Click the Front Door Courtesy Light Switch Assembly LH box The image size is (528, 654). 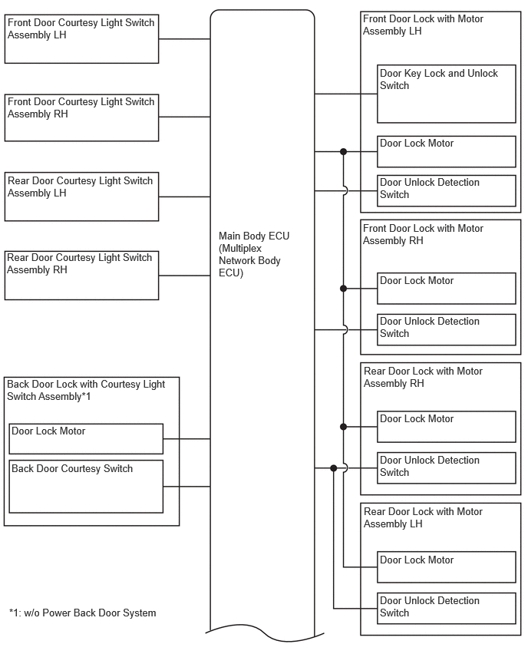tap(82, 39)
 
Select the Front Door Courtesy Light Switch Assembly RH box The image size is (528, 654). tap(82, 117)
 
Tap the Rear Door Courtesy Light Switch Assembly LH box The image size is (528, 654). tap(82, 197)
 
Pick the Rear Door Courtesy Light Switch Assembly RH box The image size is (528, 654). tap(82, 276)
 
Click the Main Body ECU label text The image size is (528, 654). tap(254, 254)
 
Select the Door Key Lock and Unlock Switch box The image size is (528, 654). tap(447, 94)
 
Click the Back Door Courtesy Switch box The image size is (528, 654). tap(86, 487)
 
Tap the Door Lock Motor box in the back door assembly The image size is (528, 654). tap(86, 439)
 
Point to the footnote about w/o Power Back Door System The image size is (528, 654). tap(83, 613)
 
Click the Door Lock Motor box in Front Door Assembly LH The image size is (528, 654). tap(447, 151)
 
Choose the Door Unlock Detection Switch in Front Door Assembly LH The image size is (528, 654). tap(447, 190)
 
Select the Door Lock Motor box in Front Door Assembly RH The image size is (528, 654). tap(447, 289)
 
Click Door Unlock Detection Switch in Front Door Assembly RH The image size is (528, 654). tap(447, 329)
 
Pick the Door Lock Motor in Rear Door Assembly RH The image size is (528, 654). tap(447, 427)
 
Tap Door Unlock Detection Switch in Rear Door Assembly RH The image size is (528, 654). tap(447, 468)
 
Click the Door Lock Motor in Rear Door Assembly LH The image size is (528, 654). tap(447, 567)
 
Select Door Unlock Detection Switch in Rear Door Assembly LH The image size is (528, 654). tap(447, 609)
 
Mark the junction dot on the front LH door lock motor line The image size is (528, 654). tap(343, 152)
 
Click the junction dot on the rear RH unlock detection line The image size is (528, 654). tap(333, 468)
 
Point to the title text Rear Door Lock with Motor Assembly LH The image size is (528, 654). tap(423, 517)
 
